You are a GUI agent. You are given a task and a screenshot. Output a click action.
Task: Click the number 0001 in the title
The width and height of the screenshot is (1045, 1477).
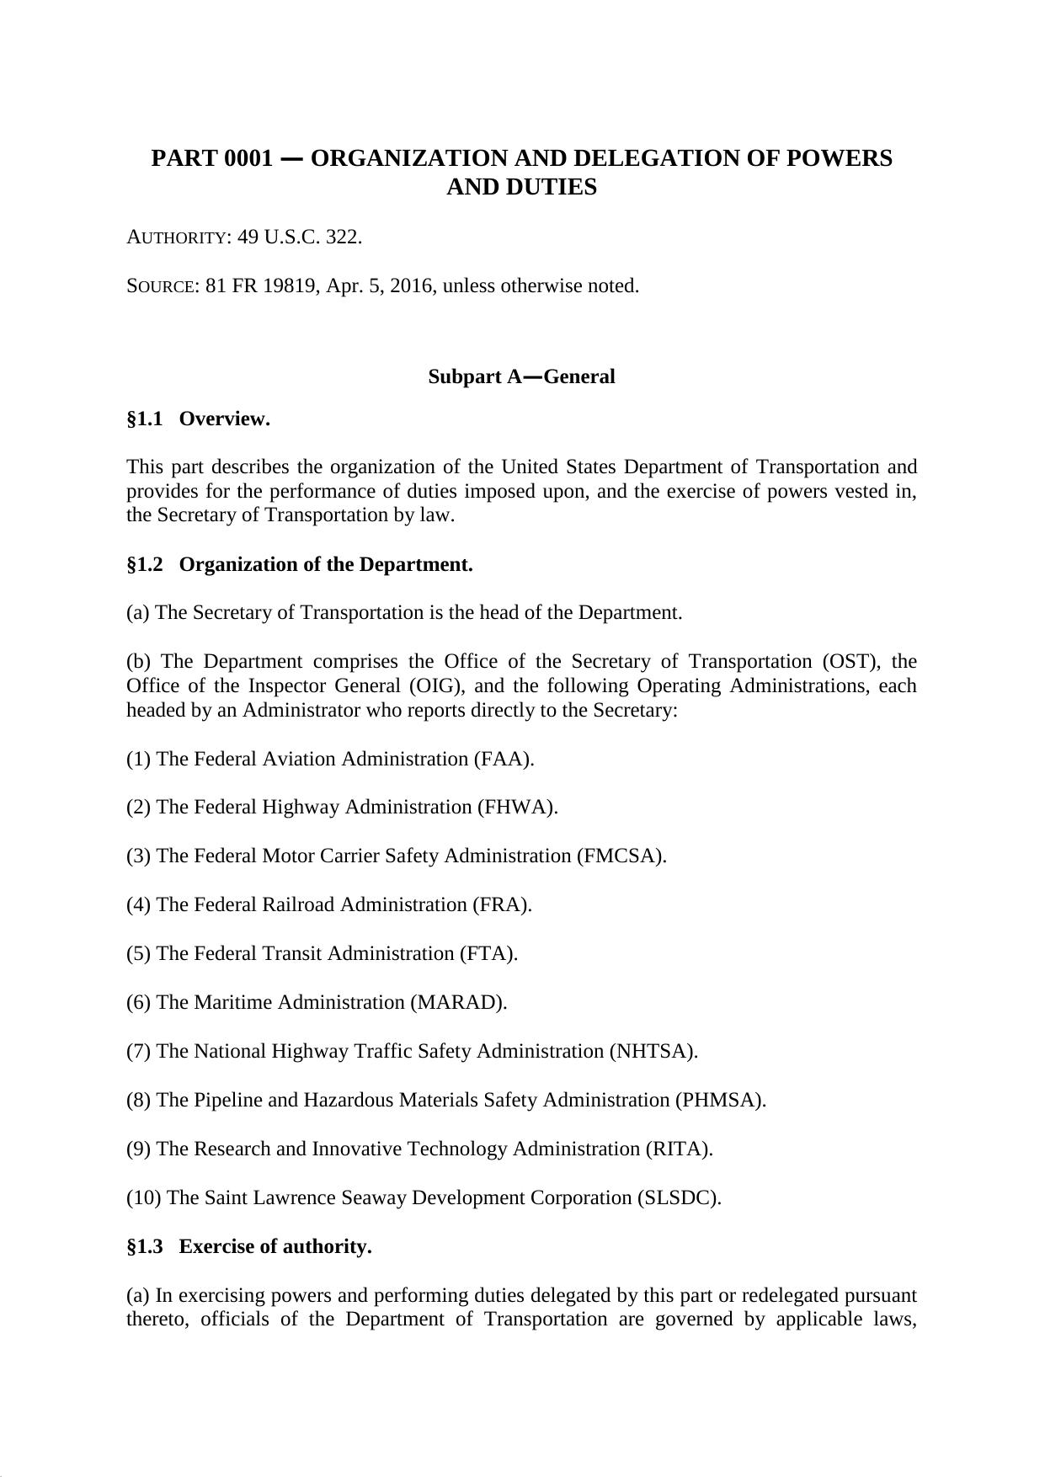(248, 158)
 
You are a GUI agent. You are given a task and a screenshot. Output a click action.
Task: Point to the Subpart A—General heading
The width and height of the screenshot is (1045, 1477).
(521, 376)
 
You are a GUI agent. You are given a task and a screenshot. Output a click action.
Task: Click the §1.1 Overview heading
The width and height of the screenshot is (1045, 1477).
(199, 419)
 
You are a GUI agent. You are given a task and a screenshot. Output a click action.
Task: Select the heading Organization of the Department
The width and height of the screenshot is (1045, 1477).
(326, 564)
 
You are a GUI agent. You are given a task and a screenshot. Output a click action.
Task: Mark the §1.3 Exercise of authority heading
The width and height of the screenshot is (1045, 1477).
(249, 1246)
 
